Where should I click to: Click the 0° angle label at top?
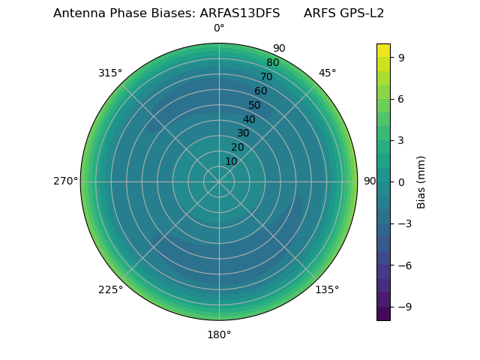coord(219,28)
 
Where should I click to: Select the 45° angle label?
coord(327,73)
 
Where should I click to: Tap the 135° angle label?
coord(327,289)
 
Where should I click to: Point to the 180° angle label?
coord(219,334)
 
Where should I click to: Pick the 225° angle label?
coord(110,289)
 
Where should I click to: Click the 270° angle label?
coord(65,181)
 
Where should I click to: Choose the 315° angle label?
coord(110,73)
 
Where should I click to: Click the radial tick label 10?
coord(231,161)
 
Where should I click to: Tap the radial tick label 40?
coord(249,119)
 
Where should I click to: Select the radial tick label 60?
coord(260,91)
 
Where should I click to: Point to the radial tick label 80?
coord(272,63)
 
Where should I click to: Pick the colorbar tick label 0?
coord(402,181)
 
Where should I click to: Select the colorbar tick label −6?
coord(404,265)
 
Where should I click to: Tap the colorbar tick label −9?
coord(404,307)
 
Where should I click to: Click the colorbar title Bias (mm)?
coord(421,181)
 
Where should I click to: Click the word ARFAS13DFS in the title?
coord(240,13)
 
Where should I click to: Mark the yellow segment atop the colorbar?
coord(383,50)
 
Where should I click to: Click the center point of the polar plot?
coord(219,181)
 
